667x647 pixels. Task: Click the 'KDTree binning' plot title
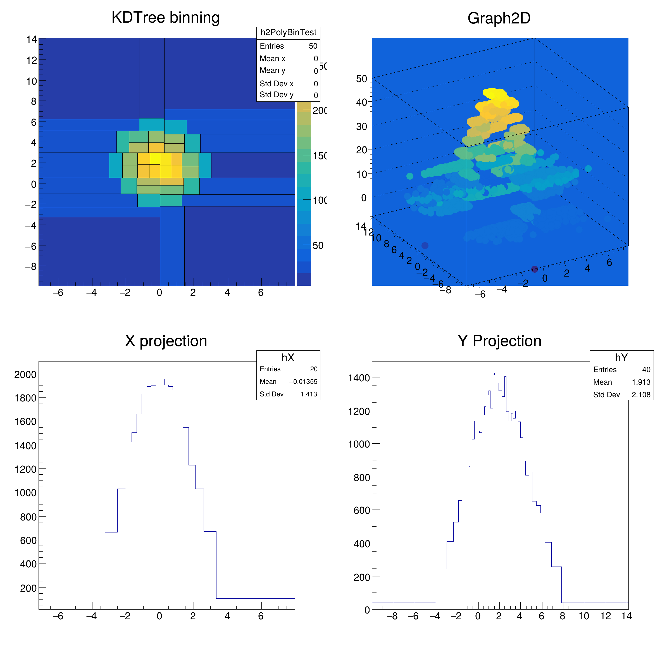[165, 18]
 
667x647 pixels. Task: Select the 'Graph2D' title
[499, 18]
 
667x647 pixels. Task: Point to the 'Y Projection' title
[499, 341]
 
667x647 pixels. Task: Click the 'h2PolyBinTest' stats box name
[288, 33]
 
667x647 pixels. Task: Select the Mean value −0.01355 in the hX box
[303, 382]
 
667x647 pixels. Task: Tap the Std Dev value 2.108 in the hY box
[641, 395]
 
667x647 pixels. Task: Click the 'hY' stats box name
[621, 357]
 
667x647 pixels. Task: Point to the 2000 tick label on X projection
[25, 375]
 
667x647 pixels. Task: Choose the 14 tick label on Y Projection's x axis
[626, 616]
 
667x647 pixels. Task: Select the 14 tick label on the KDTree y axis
[32, 40]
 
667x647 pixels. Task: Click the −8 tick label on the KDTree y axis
[31, 267]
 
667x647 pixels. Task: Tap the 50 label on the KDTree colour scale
[318, 246]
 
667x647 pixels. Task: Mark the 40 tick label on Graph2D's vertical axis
[361, 102]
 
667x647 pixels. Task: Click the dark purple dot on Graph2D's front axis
[535, 269]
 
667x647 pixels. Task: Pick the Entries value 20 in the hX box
[313, 369]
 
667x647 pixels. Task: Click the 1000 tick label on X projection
[25, 493]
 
